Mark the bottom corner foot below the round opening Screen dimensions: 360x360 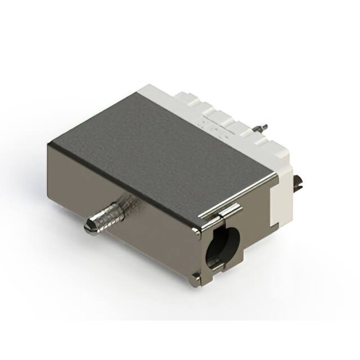[x=195, y=276]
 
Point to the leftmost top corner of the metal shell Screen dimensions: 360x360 [x=48, y=143]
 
